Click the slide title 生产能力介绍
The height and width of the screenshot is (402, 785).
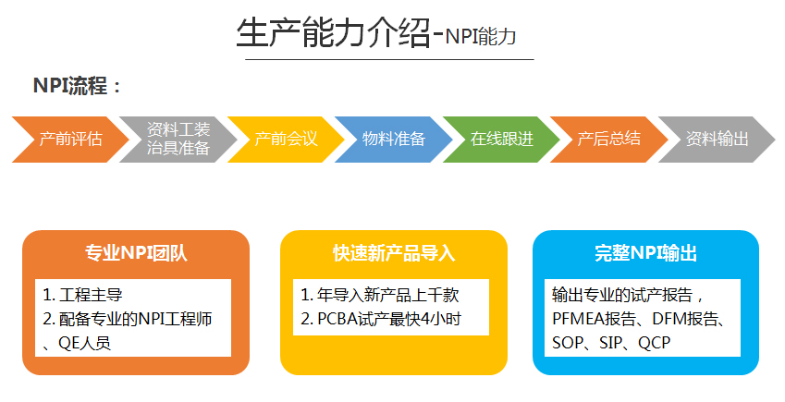pos(334,33)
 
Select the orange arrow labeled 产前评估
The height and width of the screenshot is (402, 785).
pos(70,140)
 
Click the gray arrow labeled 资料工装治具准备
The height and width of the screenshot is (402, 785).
pos(178,140)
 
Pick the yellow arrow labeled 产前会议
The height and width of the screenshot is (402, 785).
pos(286,140)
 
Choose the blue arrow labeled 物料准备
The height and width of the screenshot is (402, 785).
pos(394,140)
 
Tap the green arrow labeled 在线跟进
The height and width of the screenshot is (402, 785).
pos(501,140)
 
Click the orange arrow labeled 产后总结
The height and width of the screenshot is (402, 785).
pos(608,140)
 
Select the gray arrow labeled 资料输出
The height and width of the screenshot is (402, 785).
pos(717,140)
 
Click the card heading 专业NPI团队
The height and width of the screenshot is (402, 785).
pos(136,253)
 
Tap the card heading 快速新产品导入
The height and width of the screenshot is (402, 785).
pos(394,253)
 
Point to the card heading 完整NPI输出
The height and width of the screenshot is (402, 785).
pos(645,253)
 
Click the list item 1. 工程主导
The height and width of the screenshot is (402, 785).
pos(82,295)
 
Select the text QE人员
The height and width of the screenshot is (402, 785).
pos(85,343)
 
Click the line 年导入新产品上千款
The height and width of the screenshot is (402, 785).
pos(387,295)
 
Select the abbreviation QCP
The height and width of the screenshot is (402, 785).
pos(655,343)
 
